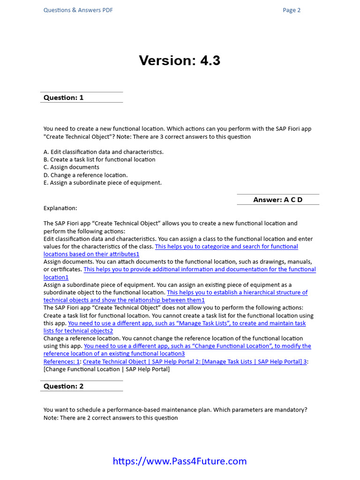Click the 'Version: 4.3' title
pos(180,60)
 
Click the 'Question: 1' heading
pos(63,97)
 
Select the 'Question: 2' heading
pos(63,386)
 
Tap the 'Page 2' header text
pos(292,10)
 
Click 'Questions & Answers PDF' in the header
pos(78,10)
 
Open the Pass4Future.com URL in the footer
pos(180,461)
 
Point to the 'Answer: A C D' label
pos(278,200)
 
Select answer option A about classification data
pos(104,152)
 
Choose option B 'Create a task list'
pos(99,159)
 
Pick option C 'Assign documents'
pos(71,167)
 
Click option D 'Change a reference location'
pos(85,175)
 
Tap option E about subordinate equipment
pos(103,183)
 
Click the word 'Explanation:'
pos(60,208)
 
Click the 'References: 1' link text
pos(61,361)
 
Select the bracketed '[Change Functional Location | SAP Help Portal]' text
pos(107,369)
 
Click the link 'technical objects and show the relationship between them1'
pos(124,300)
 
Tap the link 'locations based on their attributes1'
pos(91,254)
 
